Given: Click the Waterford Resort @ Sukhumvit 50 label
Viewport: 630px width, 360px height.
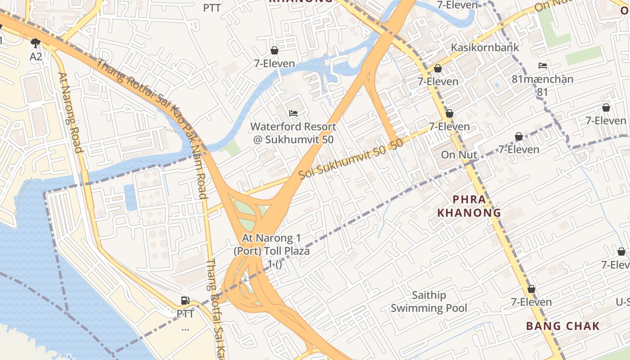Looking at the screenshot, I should (293, 133).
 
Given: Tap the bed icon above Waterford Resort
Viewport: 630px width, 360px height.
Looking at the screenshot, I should (293, 113).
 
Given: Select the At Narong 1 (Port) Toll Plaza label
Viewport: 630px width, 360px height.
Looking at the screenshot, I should (271, 251).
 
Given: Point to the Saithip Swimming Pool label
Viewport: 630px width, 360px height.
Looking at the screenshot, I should (429, 301).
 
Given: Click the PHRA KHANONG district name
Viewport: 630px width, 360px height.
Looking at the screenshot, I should (470, 206).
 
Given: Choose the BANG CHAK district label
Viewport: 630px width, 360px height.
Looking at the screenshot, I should (563, 326).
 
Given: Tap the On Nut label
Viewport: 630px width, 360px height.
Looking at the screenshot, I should (459, 155).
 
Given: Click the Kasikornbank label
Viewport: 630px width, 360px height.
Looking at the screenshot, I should (485, 47).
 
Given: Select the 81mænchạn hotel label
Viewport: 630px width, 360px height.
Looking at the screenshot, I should (543, 80).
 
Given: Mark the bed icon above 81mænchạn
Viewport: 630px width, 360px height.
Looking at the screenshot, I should (543, 66).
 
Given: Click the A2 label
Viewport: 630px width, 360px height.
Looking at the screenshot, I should (36, 57).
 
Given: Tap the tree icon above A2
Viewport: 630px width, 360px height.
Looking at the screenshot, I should (36, 43).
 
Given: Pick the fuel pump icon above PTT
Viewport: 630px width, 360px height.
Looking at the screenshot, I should (185, 300).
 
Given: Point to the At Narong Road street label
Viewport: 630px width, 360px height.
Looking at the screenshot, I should (71, 113).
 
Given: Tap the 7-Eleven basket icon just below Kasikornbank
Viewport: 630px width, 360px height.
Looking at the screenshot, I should (437, 68).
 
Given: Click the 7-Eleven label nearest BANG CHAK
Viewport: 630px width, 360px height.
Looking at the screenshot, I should (531, 302).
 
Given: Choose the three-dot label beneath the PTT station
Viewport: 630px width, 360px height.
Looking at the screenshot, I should (185, 328).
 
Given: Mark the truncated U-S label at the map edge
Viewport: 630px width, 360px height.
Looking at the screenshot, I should (623, 301).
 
